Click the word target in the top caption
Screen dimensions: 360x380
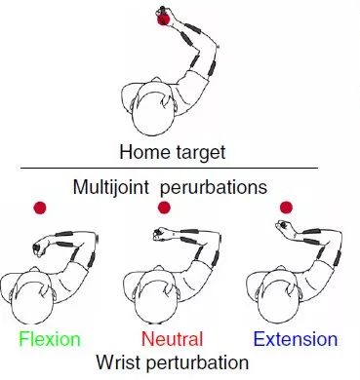coord(201,153)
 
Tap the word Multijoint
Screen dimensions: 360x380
coord(111,187)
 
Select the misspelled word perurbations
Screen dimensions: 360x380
coord(214,187)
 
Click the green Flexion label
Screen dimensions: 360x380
coord(50,339)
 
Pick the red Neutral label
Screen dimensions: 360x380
coord(173,339)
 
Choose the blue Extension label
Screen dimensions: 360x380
coord(296,339)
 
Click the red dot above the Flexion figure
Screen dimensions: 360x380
coord(40,208)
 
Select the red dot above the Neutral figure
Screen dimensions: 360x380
coord(164,208)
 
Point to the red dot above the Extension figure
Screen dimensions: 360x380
coord(286,208)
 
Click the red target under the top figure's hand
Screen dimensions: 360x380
coord(164,19)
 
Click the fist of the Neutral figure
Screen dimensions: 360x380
coord(160,234)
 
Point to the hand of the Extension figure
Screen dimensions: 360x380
coord(282,225)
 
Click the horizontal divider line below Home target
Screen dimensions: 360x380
coord(169,169)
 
